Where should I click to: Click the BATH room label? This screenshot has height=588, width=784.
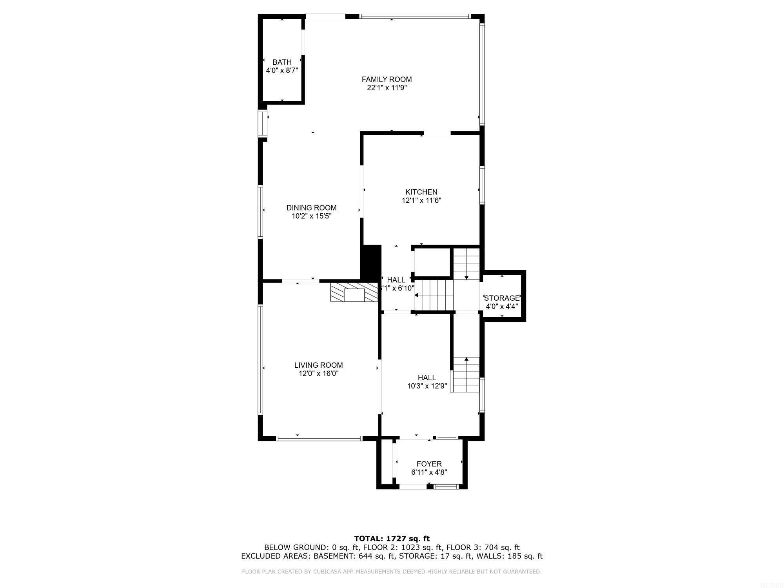[282, 62]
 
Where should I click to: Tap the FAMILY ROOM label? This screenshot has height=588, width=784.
[387, 80]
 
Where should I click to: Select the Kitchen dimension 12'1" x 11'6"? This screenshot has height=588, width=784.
[421, 201]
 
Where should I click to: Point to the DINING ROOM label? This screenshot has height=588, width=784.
[311, 208]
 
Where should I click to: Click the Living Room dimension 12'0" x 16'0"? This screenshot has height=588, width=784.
[318, 374]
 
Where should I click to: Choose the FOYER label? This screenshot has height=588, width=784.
[429, 464]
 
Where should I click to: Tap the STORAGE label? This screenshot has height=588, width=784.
[502, 298]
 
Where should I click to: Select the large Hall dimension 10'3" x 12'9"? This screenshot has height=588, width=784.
[427, 386]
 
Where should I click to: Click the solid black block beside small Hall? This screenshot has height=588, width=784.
[371, 262]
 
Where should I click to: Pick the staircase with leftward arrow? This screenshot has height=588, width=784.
[434, 295]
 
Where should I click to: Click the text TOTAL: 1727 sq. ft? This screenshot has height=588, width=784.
[392, 539]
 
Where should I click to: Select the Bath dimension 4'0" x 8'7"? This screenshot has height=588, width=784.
[282, 71]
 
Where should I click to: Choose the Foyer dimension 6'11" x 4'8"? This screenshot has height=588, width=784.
[429, 473]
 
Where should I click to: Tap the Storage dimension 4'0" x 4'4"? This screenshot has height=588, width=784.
[502, 307]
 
